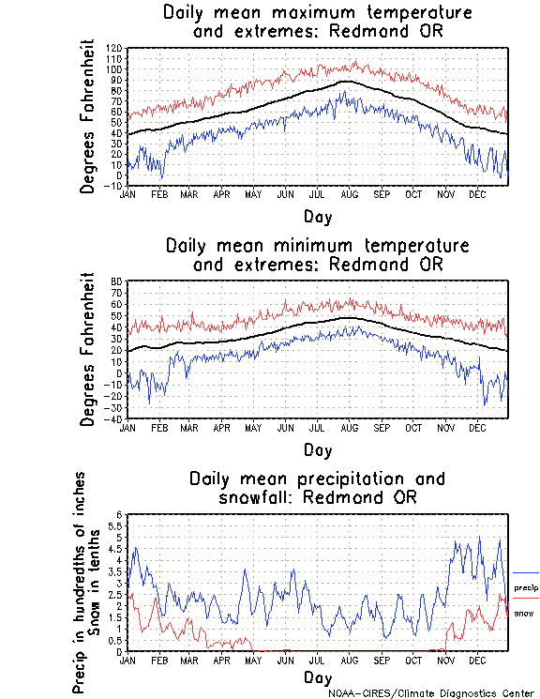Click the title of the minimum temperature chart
(x=317, y=254)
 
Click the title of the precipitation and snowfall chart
(x=317, y=487)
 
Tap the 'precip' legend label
(x=526, y=587)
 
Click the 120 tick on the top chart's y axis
(x=114, y=48)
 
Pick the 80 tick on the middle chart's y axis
(x=117, y=281)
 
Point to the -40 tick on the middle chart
(x=114, y=418)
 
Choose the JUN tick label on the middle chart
(x=285, y=427)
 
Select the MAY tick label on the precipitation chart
(x=252, y=660)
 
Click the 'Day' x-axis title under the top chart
(x=317, y=217)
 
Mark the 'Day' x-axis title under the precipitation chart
(x=317, y=677)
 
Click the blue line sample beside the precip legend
(x=526, y=572)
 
